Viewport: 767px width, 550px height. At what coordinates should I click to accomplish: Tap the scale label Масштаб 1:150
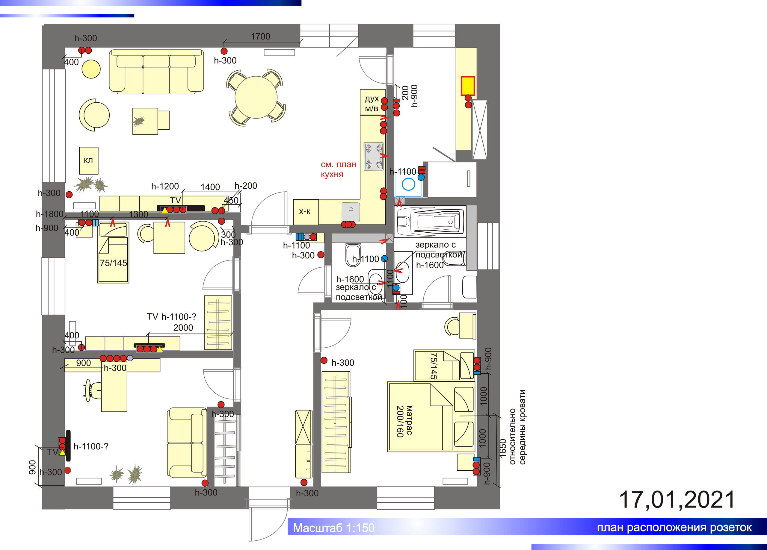pos(334,528)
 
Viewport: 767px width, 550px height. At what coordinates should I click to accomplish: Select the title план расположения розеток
pos(674,527)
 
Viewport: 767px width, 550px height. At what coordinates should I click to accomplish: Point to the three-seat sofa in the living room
pos(156,72)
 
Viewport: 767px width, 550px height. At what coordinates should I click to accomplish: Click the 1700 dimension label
pos(260,37)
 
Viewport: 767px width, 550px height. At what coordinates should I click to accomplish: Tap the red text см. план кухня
pos(338,169)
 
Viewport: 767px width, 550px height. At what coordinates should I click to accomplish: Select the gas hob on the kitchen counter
pos(374,156)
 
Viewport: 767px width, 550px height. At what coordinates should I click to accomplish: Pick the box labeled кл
pos(89,160)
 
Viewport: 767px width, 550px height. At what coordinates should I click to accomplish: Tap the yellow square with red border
pos(468,86)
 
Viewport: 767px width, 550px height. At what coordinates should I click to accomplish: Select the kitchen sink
pos(351,212)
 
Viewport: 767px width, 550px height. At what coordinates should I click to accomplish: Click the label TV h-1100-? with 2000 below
pos(172,322)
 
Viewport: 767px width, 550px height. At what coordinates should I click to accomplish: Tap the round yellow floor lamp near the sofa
pos(91,69)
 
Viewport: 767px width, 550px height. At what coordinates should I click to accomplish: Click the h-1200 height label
pos(165,186)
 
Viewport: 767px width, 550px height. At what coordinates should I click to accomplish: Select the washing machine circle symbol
pos(409,184)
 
